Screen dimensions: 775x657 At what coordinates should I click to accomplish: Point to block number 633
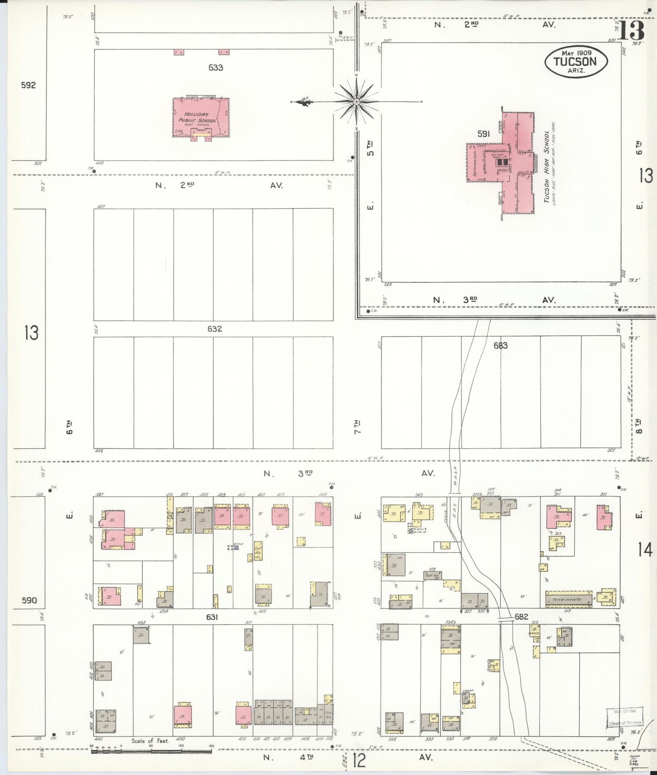coord(216,68)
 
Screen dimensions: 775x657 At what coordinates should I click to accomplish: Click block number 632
coord(214,328)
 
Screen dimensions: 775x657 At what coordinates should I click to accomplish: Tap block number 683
coord(500,345)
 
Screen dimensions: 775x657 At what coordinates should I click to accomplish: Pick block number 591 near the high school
coord(483,134)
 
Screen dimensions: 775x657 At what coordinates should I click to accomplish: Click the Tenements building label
coord(567,599)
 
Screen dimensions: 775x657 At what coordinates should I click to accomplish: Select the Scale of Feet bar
coord(151,750)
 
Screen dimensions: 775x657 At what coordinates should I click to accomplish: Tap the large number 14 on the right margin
coord(645,550)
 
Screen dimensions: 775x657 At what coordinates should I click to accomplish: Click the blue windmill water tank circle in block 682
coord(411,531)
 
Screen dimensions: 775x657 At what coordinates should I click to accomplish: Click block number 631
coord(212,617)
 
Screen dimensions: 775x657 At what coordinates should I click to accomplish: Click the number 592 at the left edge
coord(28,85)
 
